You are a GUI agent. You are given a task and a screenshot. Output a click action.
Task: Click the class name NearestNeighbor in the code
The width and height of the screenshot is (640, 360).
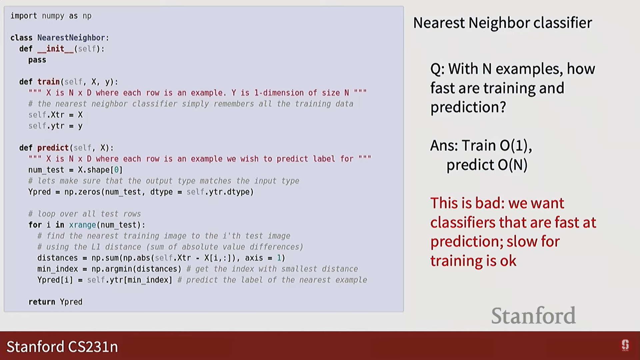click(71, 38)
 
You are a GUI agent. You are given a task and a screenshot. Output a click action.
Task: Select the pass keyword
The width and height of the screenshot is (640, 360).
click(37, 60)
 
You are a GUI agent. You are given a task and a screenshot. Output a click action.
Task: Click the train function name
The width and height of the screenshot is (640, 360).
click(48, 82)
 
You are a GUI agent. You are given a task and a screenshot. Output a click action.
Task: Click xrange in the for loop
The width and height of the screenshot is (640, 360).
click(82, 225)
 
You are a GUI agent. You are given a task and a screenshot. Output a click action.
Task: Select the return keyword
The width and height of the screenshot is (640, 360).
click(42, 302)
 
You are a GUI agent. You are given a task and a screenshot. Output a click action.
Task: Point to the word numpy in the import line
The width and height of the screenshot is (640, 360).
click(53, 16)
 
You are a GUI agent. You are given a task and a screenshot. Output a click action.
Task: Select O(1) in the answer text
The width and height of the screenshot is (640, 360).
click(516, 145)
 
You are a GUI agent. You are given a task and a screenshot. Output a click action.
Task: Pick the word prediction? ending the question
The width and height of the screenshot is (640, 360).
click(468, 107)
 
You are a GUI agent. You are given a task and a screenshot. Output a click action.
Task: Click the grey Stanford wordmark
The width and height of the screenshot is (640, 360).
click(533, 315)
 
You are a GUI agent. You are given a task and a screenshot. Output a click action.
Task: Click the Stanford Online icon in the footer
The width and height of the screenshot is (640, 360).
click(625, 345)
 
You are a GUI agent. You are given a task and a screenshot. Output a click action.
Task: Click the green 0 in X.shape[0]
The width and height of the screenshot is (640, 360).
click(116, 170)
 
